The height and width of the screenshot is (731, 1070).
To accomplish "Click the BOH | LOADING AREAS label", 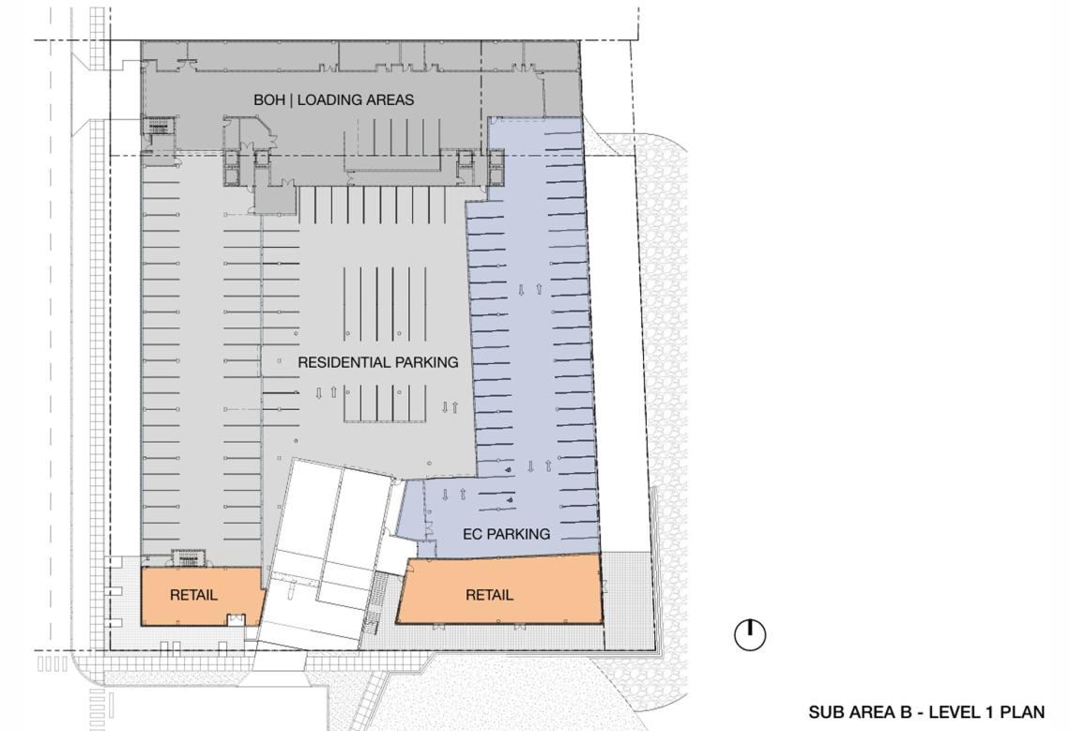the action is (334, 99).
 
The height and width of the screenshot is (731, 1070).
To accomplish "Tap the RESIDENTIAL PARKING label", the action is (378, 362).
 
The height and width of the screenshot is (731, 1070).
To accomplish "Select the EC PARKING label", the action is (506, 534).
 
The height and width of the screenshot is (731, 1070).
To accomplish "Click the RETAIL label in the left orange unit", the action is (193, 595).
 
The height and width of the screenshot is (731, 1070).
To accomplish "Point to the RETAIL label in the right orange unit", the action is (489, 595).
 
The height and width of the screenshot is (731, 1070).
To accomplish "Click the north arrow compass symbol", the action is (750, 634).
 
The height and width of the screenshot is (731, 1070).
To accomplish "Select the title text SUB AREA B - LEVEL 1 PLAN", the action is (926, 712).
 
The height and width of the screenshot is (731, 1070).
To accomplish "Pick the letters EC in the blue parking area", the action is (471, 534).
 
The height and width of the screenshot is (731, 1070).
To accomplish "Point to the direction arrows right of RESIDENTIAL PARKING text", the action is (450, 407).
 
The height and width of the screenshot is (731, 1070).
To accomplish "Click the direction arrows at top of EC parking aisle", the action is (529, 289).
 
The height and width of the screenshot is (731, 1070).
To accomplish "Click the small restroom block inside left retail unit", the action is (237, 618).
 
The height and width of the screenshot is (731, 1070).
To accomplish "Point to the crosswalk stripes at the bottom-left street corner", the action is (52, 664).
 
